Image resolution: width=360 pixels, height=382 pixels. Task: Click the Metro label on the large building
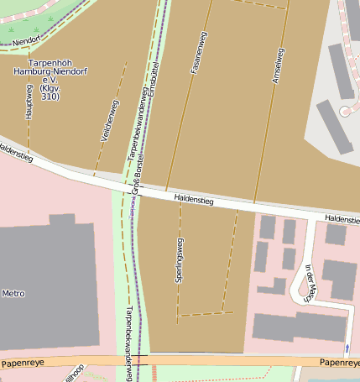[14, 294]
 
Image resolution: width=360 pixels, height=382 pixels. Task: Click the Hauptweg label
[29, 103]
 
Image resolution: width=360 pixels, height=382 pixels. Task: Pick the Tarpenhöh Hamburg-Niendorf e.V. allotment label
[50, 80]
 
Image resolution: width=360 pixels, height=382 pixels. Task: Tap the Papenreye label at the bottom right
[338, 362]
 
